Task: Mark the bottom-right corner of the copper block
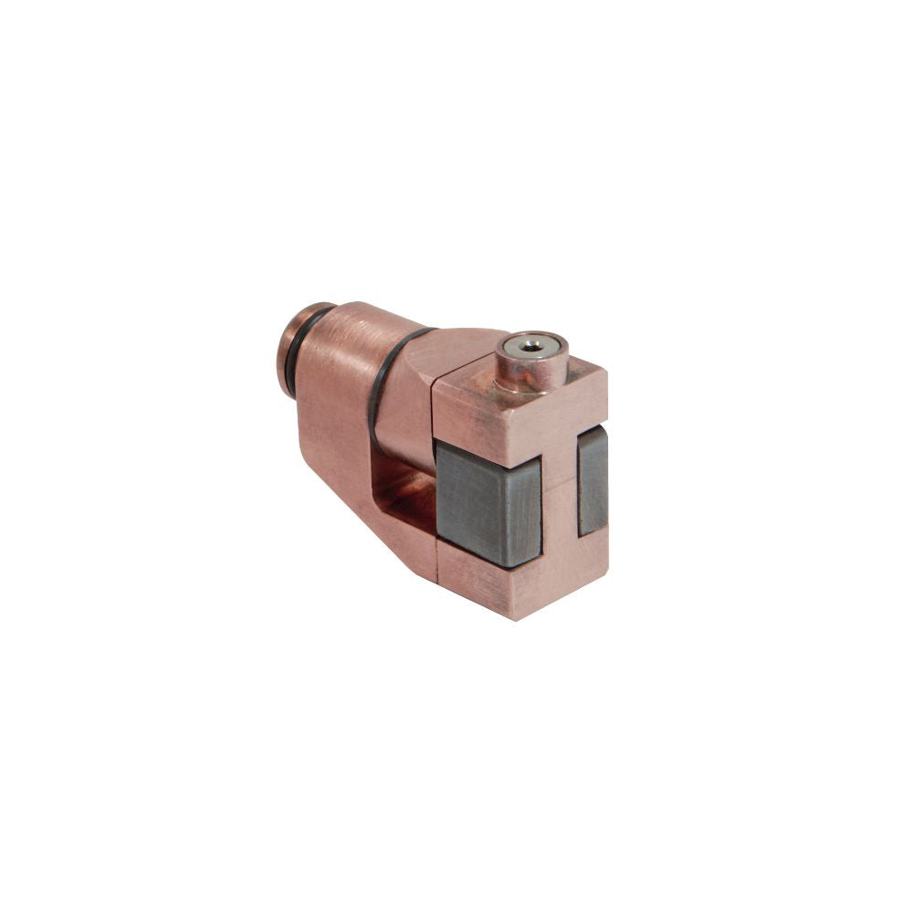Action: [x=605, y=572]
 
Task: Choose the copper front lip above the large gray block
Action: [x=475, y=420]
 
